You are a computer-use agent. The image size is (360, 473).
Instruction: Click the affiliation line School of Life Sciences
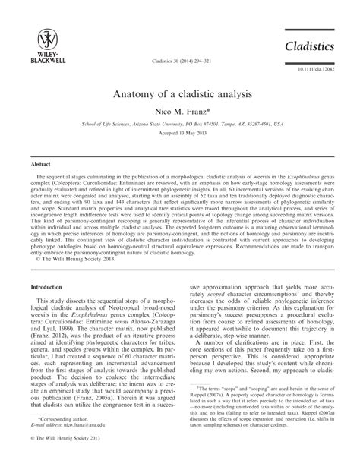[180, 124]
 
